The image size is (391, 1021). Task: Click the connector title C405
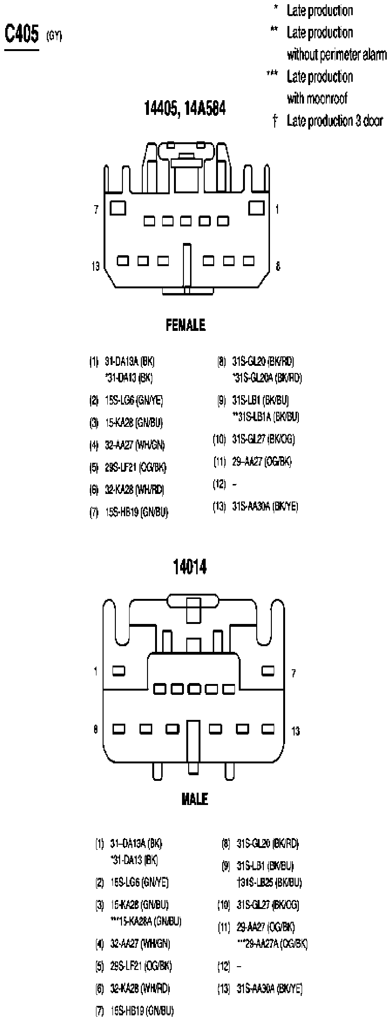click(21, 35)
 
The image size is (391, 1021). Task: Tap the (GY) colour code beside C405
click(54, 37)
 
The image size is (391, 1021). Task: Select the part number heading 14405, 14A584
click(185, 109)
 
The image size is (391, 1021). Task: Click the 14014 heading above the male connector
click(190, 567)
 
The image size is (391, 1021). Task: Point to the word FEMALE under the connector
click(186, 325)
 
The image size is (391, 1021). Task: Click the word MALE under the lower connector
click(195, 799)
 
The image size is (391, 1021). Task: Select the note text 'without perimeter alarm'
click(336, 55)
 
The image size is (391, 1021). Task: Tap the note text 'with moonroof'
click(317, 98)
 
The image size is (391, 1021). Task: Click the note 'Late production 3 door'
click(334, 121)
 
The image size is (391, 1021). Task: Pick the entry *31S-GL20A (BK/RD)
click(267, 378)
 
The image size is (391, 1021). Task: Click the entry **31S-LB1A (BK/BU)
click(266, 416)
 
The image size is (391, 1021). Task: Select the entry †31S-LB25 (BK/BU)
click(269, 883)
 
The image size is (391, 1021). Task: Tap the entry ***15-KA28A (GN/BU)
click(146, 921)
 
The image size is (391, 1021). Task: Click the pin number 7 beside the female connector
click(96, 209)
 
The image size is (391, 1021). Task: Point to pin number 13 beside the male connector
click(295, 731)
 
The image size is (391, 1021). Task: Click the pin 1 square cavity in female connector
click(256, 208)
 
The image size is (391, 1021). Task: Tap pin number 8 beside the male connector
click(96, 729)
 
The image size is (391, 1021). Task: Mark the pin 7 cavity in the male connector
click(268, 671)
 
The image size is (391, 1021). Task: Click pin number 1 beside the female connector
click(277, 209)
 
